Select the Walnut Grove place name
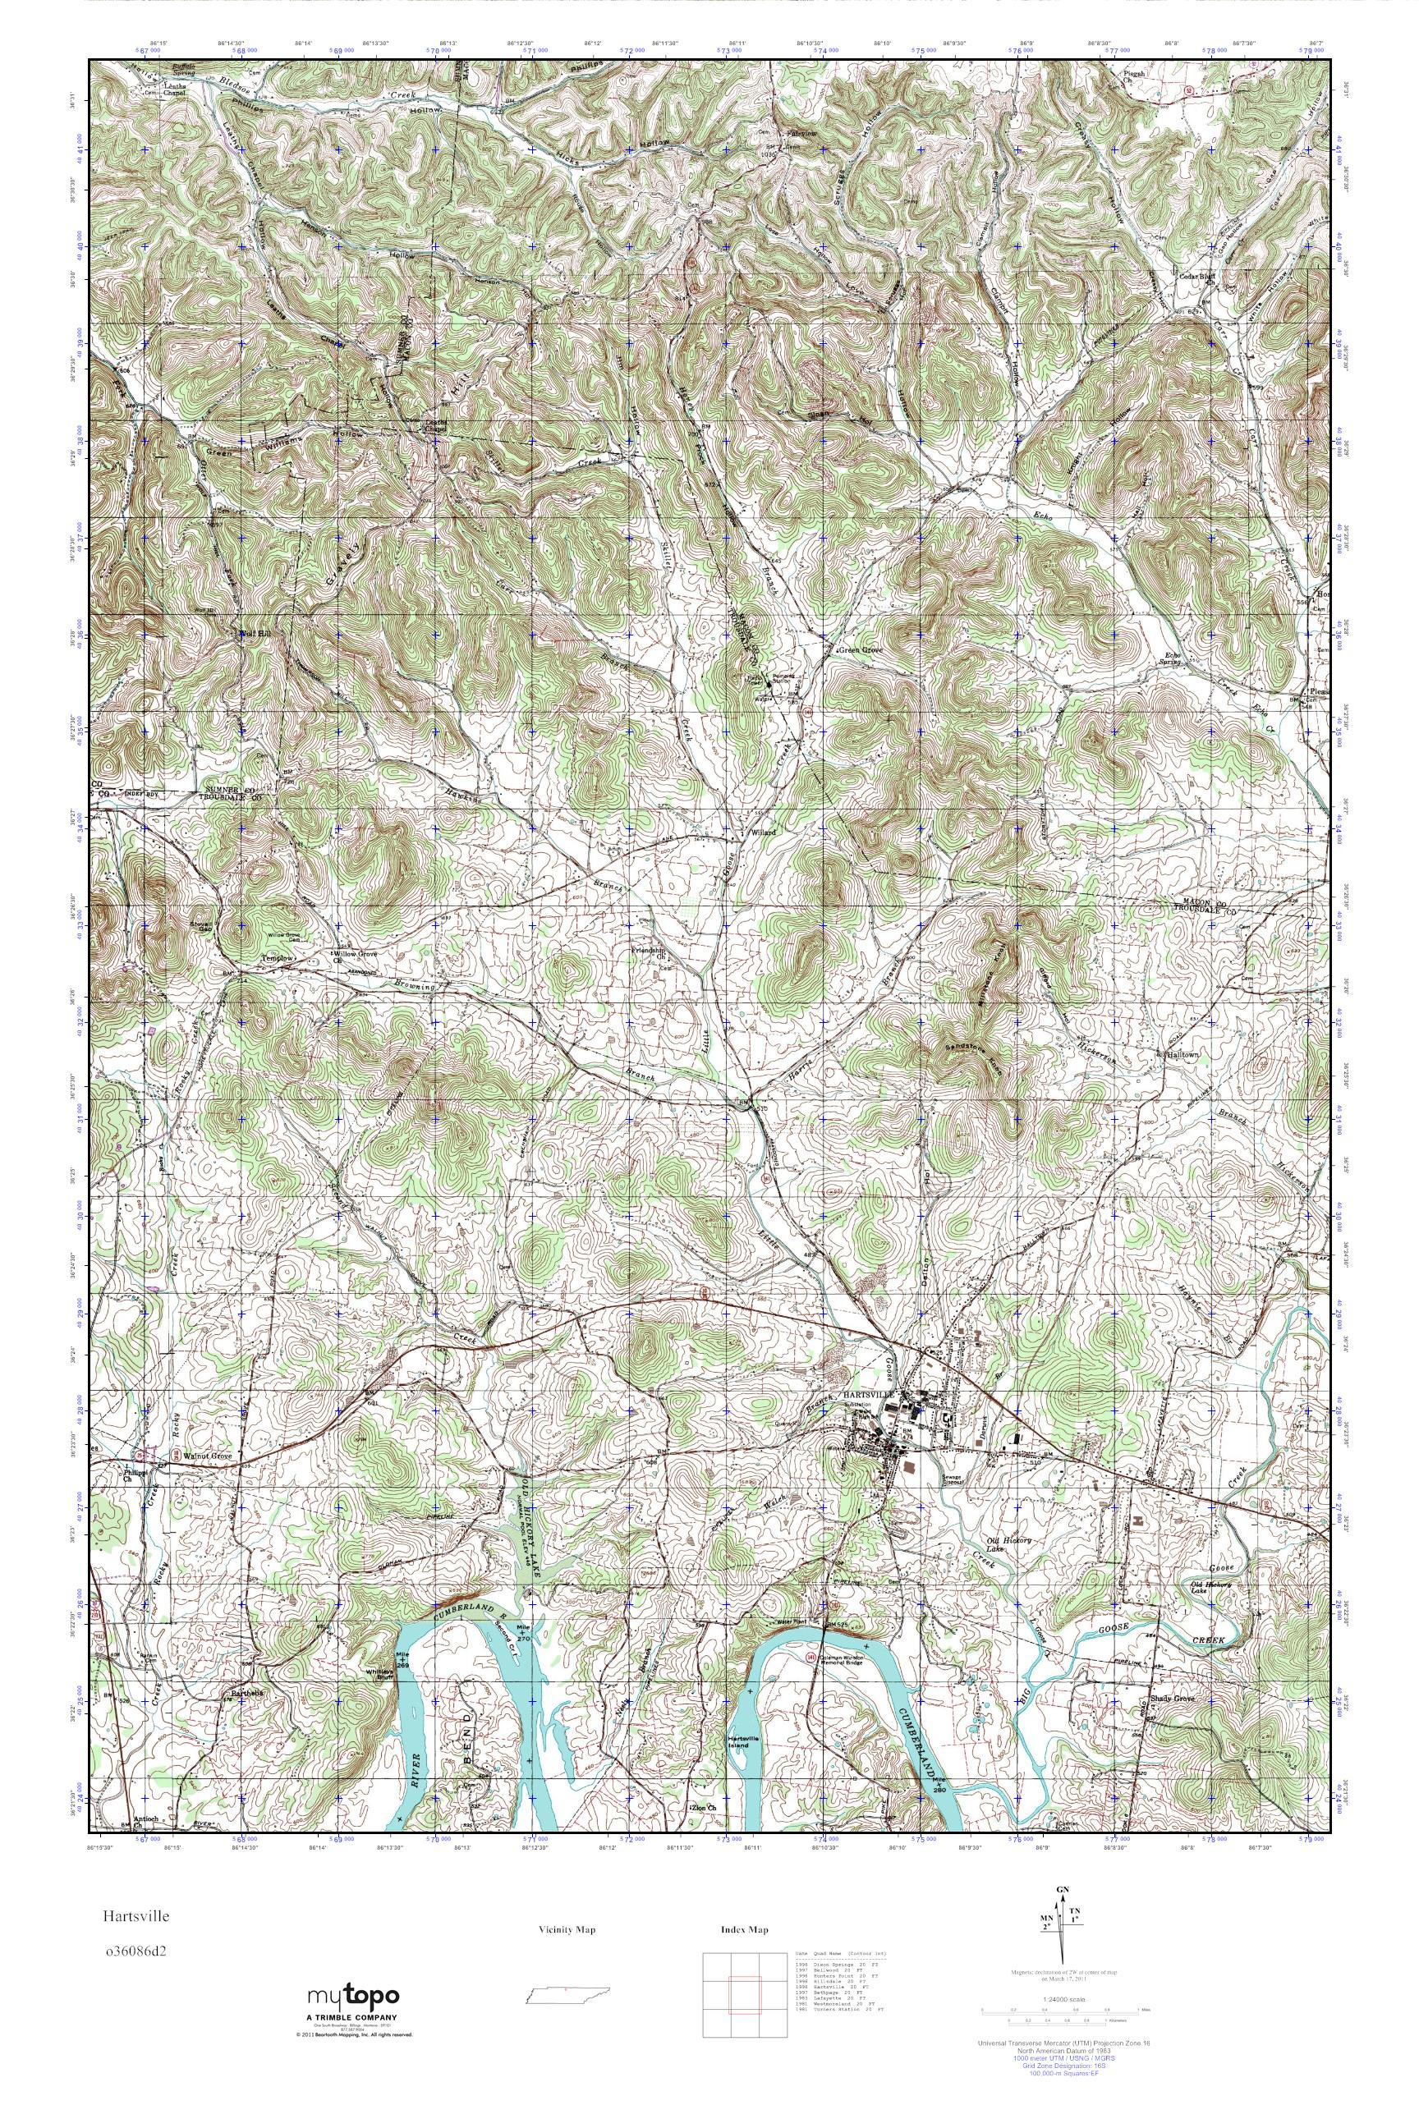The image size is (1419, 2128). coord(208,1457)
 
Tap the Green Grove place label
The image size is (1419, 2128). coord(860,649)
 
